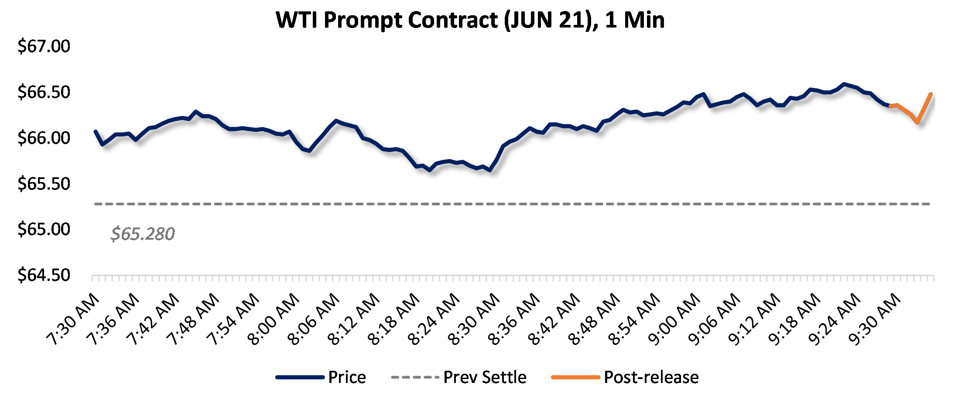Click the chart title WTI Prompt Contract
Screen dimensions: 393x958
tap(470, 20)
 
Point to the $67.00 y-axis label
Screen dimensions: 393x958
tap(44, 46)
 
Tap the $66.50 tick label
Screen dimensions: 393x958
tap(44, 92)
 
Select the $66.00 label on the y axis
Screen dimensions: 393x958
tap(44, 138)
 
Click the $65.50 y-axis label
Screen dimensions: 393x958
tap(44, 184)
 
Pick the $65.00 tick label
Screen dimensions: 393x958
tap(44, 229)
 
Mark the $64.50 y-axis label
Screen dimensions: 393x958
tap(44, 275)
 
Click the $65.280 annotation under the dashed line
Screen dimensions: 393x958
tap(143, 234)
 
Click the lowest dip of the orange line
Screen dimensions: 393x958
tap(917, 122)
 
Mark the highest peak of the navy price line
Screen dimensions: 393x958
tap(844, 84)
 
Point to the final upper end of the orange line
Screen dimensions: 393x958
tap(931, 94)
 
